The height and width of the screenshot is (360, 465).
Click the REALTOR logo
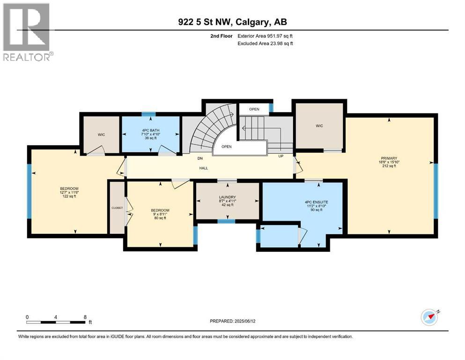coord(27,32)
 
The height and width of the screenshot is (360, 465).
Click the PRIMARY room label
coord(389,157)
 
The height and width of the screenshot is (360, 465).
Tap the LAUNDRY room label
coord(227,197)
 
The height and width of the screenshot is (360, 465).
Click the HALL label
coord(203,168)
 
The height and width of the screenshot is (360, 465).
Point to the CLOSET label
coord(117,208)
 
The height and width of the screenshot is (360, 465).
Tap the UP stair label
coord(281,156)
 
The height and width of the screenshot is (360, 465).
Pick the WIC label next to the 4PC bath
coord(102,135)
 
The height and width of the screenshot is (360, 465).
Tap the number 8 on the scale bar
coord(85,317)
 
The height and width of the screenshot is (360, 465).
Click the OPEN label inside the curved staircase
coord(227,146)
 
